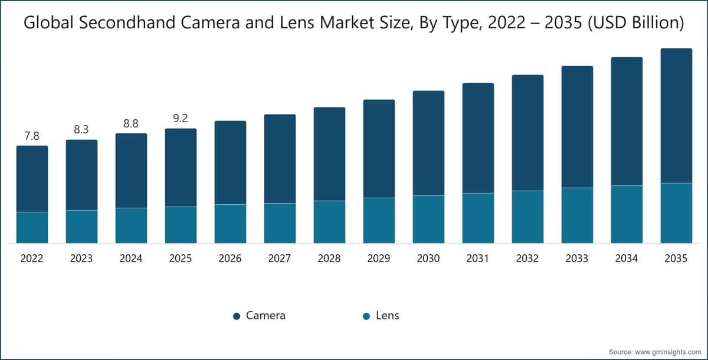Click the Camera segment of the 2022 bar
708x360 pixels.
(x=32, y=178)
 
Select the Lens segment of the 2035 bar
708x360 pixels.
(x=676, y=213)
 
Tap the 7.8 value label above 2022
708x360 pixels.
(x=32, y=136)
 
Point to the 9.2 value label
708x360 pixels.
(x=181, y=119)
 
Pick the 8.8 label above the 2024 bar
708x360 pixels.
(x=131, y=124)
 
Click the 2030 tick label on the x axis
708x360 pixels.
(x=428, y=258)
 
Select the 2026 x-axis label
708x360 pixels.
(x=230, y=258)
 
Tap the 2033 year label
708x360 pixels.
(x=577, y=258)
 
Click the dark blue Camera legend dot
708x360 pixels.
(x=237, y=316)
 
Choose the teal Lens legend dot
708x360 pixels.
(x=366, y=316)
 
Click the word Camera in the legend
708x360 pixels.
(x=265, y=316)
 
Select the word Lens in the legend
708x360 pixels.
(x=388, y=316)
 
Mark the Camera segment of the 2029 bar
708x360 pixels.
(x=379, y=149)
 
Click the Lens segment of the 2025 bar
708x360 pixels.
(x=181, y=225)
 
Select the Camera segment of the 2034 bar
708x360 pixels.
(x=627, y=121)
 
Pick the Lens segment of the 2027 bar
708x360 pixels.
(x=280, y=223)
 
